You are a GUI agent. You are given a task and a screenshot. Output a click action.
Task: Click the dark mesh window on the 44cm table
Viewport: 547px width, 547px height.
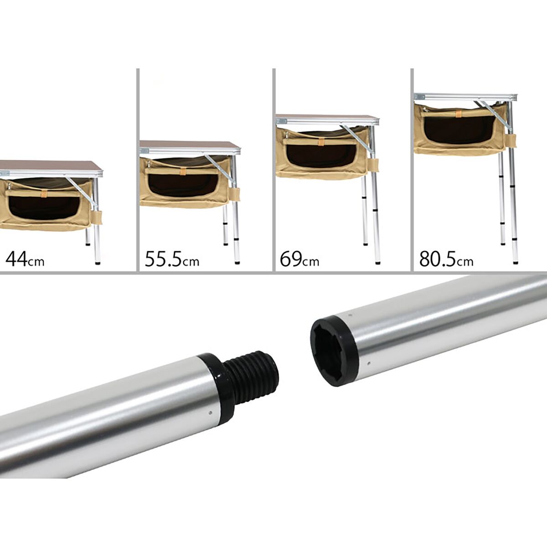pyautogui.click(x=44, y=207)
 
